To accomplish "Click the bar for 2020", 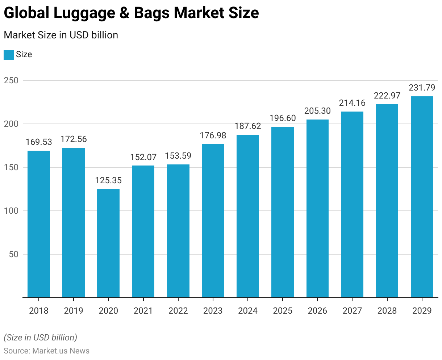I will click(108, 243).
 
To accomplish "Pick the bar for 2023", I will click(213, 221).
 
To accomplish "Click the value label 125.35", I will click(108, 180).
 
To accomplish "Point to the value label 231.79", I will click(422, 88).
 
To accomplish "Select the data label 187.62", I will click(248, 126).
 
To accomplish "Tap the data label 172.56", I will click(74, 139).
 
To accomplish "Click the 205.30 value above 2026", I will click(317, 111).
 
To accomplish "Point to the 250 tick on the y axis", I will click(11, 80).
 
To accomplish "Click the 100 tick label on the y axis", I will click(11, 211).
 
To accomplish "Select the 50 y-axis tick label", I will click(13, 254).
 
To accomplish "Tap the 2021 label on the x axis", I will click(143, 311).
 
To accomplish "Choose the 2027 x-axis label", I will click(352, 311).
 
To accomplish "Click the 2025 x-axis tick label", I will click(283, 311).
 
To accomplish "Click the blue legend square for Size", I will click(8, 55).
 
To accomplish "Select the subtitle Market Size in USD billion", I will click(61, 35).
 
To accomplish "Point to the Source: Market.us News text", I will click(46, 351).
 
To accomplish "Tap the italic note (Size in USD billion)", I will click(40, 338).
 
